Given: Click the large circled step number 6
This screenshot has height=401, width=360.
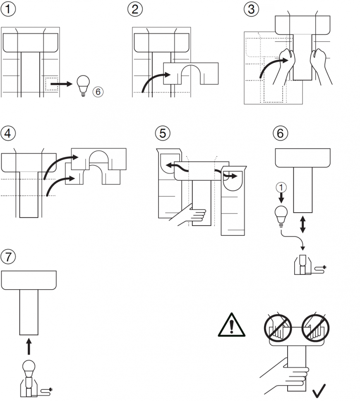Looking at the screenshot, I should pyautogui.click(x=281, y=133).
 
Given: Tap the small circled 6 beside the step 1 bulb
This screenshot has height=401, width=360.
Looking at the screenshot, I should pyautogui.click(x=98, y=92).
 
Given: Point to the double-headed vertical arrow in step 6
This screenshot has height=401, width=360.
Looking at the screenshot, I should pyautogui.click(x=303, y=224).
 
